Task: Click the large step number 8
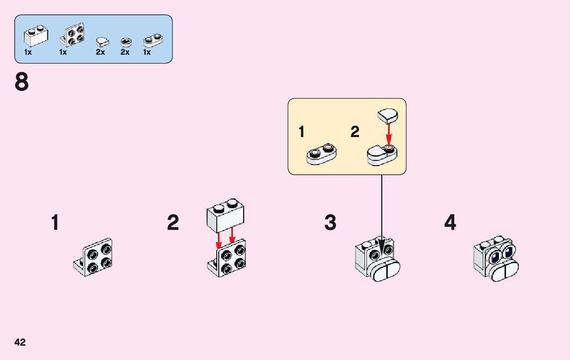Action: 22,82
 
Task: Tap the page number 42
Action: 20,342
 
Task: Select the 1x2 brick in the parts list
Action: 36,35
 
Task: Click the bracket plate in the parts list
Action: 73,35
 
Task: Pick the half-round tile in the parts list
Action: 102,41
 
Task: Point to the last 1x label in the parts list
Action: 147,52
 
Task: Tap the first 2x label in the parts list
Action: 100,52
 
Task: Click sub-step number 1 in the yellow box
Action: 301,132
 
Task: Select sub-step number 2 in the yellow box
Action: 355,132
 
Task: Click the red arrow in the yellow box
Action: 389,134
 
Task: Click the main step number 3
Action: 330,222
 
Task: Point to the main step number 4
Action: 450,222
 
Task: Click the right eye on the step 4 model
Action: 507,250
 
